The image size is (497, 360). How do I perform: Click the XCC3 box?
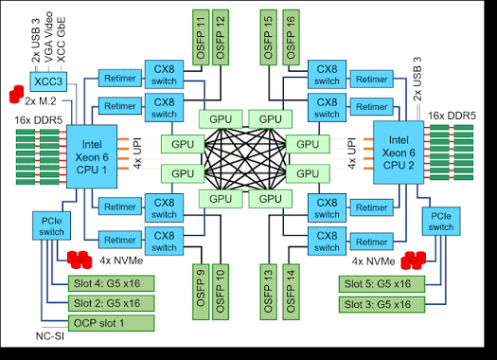(48, 81)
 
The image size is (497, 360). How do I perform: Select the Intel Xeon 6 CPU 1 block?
(92, 156)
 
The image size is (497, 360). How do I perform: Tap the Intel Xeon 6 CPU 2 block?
(399, 153)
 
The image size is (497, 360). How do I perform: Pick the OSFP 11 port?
(201, 38)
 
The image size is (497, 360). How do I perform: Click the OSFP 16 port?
(291, 38)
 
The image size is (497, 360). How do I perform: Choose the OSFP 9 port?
(201, 292)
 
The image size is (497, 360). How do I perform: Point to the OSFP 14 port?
(291, 292)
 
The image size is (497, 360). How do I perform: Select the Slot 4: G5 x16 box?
(112, 283)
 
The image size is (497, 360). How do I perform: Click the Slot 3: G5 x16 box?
(382, 304)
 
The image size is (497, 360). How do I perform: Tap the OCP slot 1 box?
(112, 323)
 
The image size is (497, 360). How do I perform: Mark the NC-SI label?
(50, 336)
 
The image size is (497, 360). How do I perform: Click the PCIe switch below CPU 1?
(51, 226)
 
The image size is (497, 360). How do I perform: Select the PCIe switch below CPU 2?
(441, 222)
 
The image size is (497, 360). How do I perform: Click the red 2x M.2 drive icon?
(16, 94)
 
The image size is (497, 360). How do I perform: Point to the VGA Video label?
(48, 37)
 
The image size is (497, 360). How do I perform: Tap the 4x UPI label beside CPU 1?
(137, 153)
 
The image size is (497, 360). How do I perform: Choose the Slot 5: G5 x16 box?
(382, 284)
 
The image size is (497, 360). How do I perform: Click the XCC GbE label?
(62, 40)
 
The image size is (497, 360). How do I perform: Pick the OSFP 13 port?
(269, 292)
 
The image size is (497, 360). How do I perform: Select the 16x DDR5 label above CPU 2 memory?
(452, 117)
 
